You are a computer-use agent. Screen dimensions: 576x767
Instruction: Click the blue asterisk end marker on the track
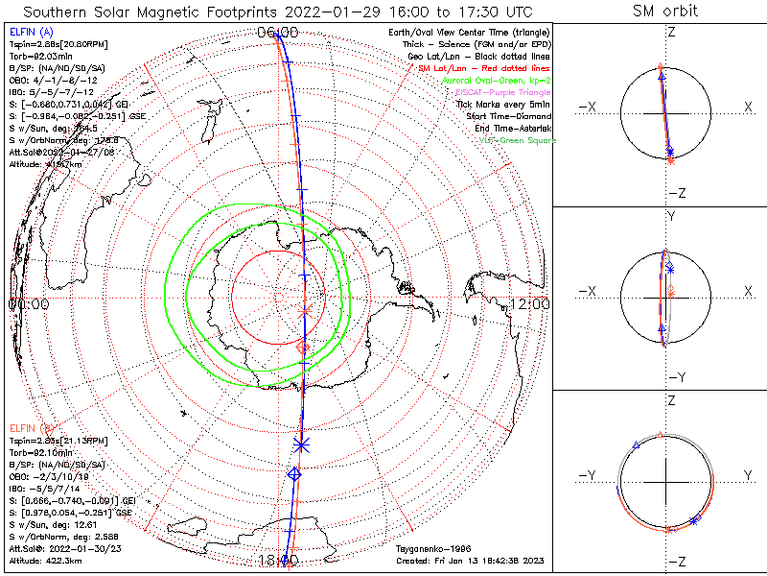(302, 444)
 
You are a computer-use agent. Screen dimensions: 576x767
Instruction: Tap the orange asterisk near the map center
(306, 311)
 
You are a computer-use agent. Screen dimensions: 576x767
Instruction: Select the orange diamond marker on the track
(305, 348)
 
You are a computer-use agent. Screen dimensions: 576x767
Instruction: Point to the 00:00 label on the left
(29, 303)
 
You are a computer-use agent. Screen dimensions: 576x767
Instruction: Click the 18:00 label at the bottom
(278, 560)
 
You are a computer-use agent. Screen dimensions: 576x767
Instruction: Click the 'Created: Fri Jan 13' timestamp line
(469, 560)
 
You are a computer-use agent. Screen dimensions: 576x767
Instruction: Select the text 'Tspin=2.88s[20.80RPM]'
(51, 44)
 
